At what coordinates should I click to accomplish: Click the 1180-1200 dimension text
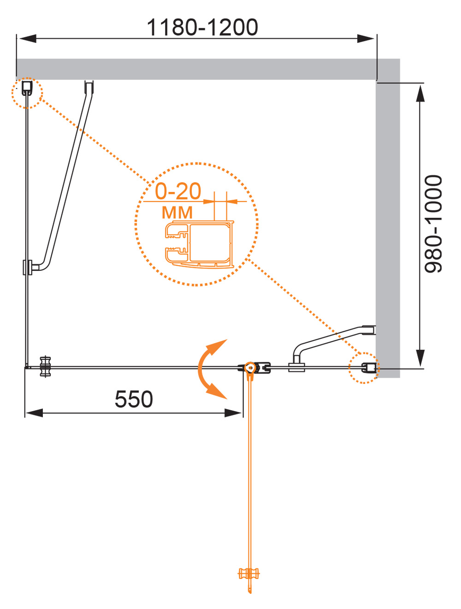click(x=202, y=28)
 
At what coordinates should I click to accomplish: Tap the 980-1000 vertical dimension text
click(x=433, y=224)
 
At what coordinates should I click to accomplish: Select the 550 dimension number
click(x=134, y=400)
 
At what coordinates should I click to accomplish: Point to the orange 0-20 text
click(x=177, y=191)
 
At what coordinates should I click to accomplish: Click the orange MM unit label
click(x=177, y=213)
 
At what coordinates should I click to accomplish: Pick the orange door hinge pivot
click(x=250, y=368)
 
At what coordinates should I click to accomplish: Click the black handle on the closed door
click(x=46, y=367)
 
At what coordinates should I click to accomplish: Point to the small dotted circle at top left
click(x=27, y=93)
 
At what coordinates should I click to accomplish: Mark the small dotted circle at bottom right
click(x=364, y=368)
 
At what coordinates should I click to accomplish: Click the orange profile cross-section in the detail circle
click(x=199, y=245)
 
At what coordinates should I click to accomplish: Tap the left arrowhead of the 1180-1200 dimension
click(x=28, y=39)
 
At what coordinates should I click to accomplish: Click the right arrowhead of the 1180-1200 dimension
click(x=366, y=39)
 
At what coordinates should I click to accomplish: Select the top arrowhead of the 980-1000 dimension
click(x=420, y=94)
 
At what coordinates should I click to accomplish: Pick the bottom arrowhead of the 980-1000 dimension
click(x=420, y=358)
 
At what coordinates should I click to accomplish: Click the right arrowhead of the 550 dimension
click(x=233, y=413)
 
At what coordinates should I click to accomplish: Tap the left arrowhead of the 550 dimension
click(x=34, y=413)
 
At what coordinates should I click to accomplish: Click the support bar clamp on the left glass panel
click(x=28, y=268)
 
